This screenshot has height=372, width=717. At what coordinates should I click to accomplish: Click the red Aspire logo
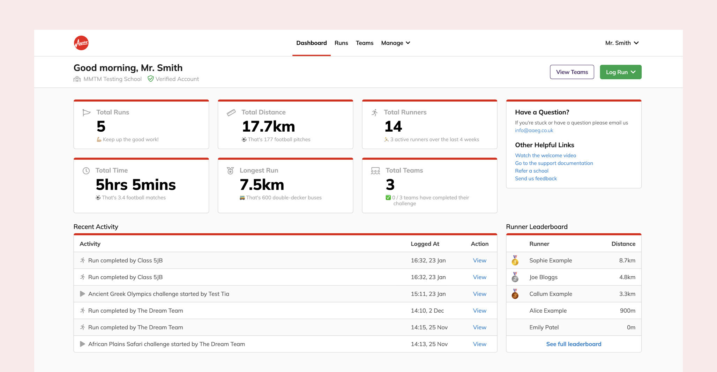tap(81, 43)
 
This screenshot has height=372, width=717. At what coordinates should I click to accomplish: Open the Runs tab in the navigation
tap(341, 43)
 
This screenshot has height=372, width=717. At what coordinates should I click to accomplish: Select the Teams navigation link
tap(364, 43)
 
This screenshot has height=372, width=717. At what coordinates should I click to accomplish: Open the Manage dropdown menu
tap(395, 43)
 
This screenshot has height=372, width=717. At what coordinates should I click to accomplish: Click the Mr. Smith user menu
tap(621, 43)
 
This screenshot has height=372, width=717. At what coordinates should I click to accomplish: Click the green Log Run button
tap(620, 72)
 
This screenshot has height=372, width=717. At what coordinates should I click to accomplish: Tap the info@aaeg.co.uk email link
tap(534, 130)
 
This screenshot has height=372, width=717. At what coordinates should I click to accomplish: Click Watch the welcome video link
tap(545, 155)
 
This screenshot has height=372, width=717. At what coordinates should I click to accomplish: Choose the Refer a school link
tap(531, 171)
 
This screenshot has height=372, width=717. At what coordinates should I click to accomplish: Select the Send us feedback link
tap(536, 178)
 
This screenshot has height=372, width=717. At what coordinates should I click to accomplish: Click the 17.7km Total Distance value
tap(268, 126)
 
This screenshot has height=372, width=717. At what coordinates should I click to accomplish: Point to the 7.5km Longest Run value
tap(262, 185)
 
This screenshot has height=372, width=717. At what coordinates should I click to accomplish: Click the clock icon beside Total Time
tap(86, 171)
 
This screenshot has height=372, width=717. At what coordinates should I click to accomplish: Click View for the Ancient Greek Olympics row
tap(479, 294)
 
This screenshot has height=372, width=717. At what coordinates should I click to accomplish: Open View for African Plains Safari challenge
tap(479, 344)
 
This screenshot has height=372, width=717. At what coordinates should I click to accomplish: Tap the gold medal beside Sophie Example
tap(515, 261)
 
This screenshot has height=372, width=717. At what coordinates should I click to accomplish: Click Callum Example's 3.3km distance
tap(627, 294)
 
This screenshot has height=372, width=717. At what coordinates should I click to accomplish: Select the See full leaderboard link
tap(573, 344)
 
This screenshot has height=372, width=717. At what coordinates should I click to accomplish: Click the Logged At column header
tap(425, 244)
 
